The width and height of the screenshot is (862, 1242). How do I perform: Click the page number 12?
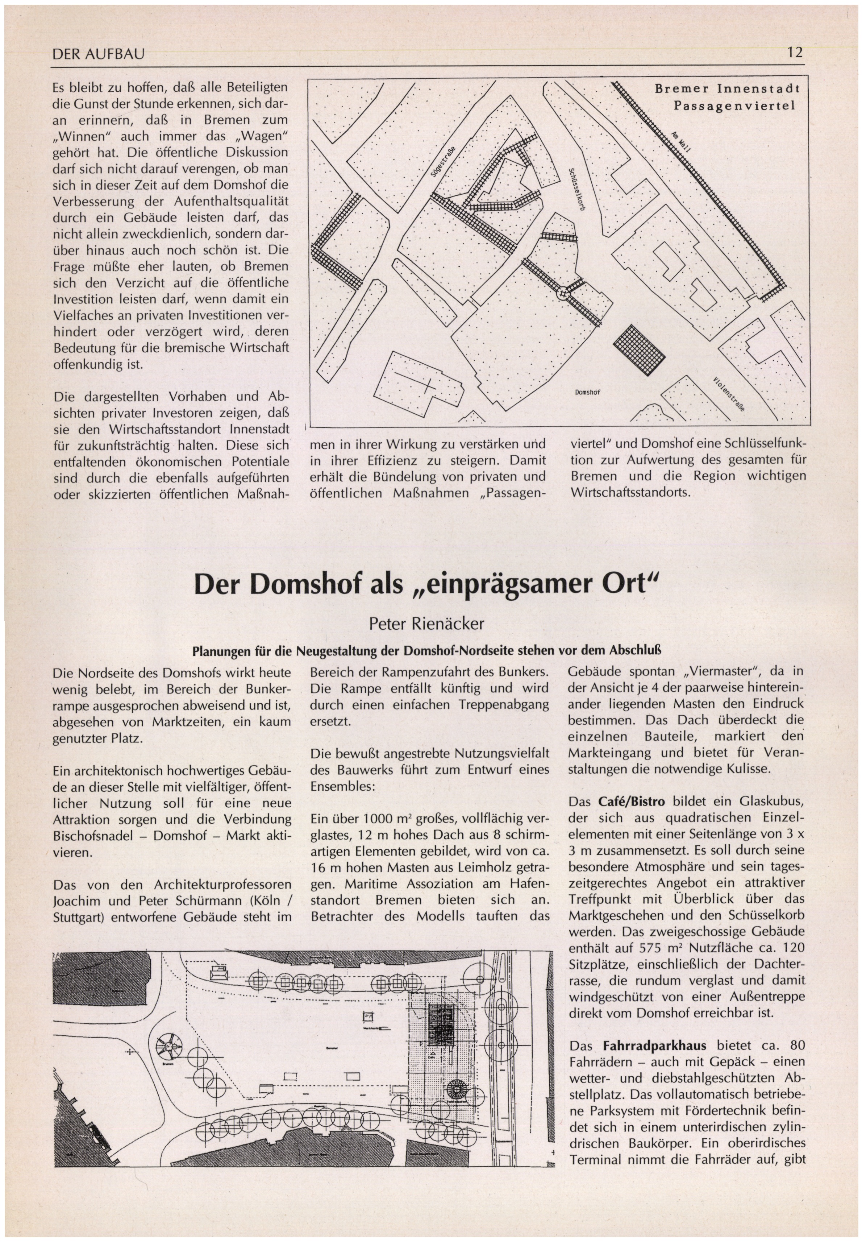(795, 53)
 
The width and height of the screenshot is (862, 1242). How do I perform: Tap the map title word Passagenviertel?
(734, 105)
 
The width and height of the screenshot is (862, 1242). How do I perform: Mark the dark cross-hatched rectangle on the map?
(640, 349)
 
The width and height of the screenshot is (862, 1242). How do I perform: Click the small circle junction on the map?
(563, 293)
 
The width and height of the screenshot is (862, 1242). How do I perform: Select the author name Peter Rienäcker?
(427, 624)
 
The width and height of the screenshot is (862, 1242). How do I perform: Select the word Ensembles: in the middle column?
(342, 786)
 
